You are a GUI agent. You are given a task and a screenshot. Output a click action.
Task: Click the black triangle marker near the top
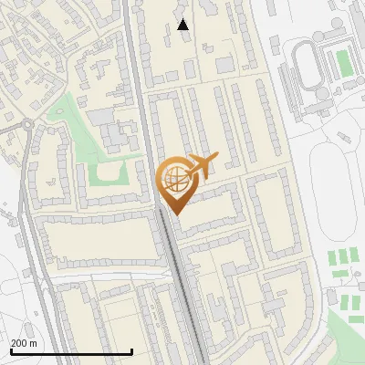click(183, 25)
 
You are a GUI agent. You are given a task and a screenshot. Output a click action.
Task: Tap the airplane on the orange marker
click(202, 166)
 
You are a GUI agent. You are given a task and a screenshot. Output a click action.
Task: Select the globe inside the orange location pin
click(174, 178)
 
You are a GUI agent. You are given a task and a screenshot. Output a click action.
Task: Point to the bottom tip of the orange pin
click(174, 214)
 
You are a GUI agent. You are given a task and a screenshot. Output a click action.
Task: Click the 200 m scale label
click(24, 343)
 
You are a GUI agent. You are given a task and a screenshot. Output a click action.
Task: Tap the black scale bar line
click(71, 351)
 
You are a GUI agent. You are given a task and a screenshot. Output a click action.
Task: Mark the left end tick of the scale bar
click(11, 349)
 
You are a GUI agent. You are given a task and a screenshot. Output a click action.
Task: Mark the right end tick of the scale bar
click(132, 349)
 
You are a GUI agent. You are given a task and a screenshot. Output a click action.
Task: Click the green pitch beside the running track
click(343, 61)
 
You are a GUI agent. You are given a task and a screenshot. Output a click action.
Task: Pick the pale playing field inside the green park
click(109, 172)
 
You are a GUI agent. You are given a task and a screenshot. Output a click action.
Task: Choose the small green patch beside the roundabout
click(58, 113)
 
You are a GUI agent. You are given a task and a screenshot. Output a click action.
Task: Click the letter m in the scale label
click(33, 343)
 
